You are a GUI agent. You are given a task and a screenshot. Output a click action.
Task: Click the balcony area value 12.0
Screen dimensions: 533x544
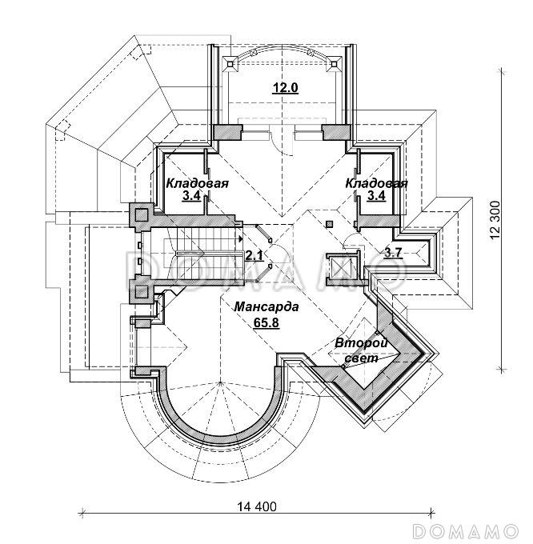pyautogui.click(x=286, y=88)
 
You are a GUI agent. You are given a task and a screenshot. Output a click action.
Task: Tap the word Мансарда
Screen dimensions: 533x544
pyautogui.click(x=266, y=307)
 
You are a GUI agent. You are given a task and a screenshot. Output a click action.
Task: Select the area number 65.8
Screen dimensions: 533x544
pyautogui.click(x=266, y=322)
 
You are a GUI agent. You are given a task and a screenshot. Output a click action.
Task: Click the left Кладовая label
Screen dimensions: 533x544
pyautogui.click(x=197, y=183)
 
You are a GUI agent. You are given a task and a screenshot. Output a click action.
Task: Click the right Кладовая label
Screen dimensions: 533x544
pyautogui.click(x=376, y=183)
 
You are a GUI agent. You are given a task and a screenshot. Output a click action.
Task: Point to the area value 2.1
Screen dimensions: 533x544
pyautogui.click(x=254, y=255)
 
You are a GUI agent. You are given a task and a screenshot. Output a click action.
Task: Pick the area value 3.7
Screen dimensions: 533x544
pyautogui.click(x=393, y=253)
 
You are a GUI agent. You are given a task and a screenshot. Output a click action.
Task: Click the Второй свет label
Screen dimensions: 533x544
pyautogui.click(x=361, y=350)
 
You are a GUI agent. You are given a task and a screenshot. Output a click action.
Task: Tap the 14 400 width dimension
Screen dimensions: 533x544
pyautogui.click(x=257, y=507)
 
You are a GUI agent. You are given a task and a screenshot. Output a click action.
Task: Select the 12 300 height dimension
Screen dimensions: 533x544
pyautogui.click(x=495, y=220)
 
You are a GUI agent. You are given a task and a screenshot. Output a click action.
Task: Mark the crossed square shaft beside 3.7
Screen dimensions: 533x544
pyautogui.click(x=342, y=266)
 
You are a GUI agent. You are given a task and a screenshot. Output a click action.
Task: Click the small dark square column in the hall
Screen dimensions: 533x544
pyautogui.click(x=330, y=224)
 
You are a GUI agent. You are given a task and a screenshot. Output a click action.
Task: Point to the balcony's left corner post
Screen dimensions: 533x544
pyautogui.click(x=230, y=65)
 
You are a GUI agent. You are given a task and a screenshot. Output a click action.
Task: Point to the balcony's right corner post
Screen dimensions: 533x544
pyautogui.click(x=335, y=65)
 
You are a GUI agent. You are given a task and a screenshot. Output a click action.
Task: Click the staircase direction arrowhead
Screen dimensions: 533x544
pyautogui.click(x=240, y=238)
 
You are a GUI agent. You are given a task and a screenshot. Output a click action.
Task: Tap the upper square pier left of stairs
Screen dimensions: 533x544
pyautogui.click(x=142, y=215)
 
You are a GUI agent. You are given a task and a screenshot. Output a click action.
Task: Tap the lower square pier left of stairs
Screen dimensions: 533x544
pyautogui.click(x=142, y=291)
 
